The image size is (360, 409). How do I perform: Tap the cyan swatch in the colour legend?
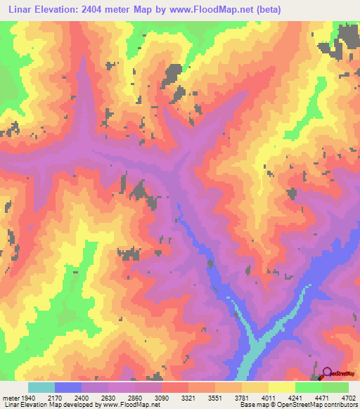click(x=41, y=388)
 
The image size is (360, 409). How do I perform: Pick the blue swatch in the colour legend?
click(x=68, y=388)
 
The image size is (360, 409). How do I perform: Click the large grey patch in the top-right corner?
click(x=346, y=39)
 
